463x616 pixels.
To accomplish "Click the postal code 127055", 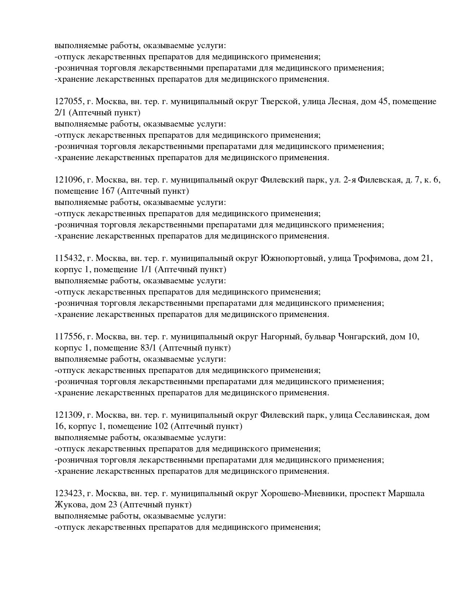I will coord(69,102).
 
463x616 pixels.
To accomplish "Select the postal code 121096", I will coord(69,180).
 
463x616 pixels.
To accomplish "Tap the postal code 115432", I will coord(69,258).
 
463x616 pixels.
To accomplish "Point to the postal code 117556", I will coord(69,337).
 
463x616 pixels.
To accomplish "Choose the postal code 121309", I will coord(69,415).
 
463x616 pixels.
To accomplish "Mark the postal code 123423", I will coord(69,494).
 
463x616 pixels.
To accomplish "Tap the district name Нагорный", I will coord(280,337).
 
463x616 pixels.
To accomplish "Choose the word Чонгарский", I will coord(361,337).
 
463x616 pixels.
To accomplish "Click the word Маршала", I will coord(406,494).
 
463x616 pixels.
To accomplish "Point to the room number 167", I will coord(108,191).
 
